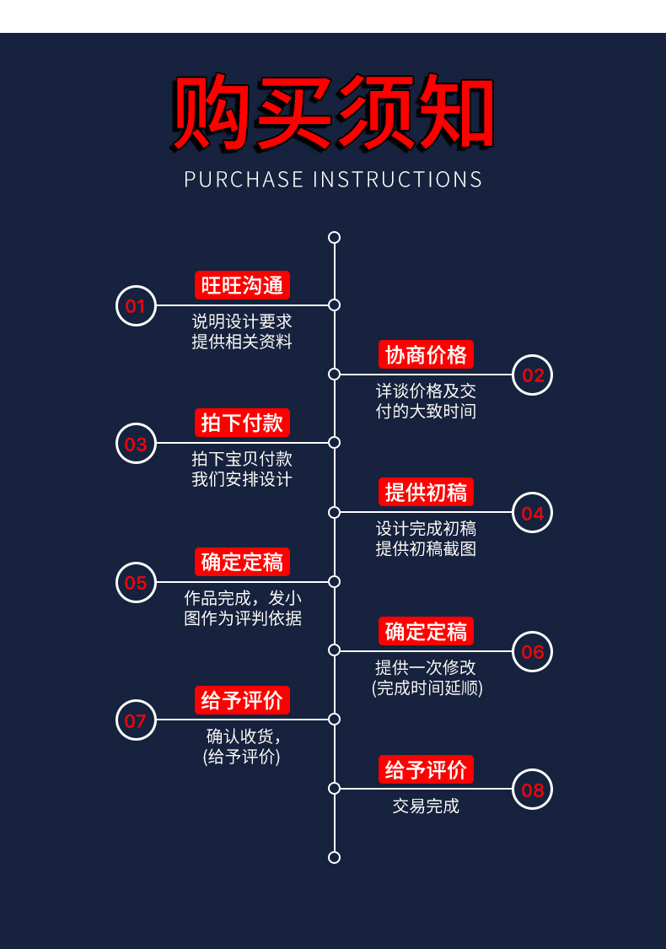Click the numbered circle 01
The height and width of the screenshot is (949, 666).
pos(136,305)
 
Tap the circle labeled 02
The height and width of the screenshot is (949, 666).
pos(533,375)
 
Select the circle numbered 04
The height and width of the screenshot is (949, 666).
pos(533,513)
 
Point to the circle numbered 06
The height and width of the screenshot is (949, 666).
pos(533,651)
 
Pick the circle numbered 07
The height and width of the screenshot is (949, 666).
pos(136,720)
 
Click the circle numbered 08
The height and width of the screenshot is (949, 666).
pos(533,790)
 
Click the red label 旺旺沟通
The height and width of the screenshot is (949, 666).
pos(242,285)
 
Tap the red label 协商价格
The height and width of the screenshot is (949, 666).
pos(426,354)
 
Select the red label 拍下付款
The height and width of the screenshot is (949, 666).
pos(242,423)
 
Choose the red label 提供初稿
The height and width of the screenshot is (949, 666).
pos(426,492)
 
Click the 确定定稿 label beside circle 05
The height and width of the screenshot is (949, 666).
pos(242,561)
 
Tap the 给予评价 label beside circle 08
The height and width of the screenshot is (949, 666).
pos(426,769)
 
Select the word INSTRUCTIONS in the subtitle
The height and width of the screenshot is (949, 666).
pos(398,180)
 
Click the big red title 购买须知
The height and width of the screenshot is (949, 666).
pos(333,115)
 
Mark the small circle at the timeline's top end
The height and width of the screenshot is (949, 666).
pos(334,237)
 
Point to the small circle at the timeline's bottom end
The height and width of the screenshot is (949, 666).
pos(334,857)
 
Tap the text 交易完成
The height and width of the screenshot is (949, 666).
pos(426,806)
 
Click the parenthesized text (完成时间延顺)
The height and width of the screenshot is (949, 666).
pos(427,687)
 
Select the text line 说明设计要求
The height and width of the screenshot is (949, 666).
pos(242,321)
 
